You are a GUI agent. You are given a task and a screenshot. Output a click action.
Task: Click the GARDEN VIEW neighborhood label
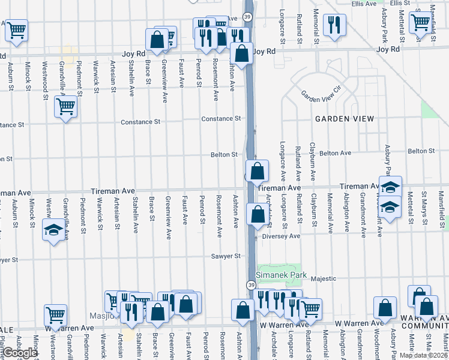345,119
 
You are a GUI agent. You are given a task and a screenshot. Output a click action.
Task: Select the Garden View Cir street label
321,95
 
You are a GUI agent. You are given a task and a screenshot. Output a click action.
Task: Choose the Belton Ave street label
335,154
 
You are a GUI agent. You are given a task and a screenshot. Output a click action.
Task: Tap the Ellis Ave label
364,4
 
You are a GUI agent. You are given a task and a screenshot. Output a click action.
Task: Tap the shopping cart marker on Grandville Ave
65,107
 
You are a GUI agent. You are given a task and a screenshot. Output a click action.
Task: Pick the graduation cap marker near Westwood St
53,230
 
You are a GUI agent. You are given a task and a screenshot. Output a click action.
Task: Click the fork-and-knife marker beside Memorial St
332,25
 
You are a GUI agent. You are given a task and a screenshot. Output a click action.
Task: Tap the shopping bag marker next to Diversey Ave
257,214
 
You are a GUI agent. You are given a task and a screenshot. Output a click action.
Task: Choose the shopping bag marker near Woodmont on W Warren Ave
385,308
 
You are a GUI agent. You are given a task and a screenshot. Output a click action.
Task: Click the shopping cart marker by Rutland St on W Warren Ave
310,309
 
